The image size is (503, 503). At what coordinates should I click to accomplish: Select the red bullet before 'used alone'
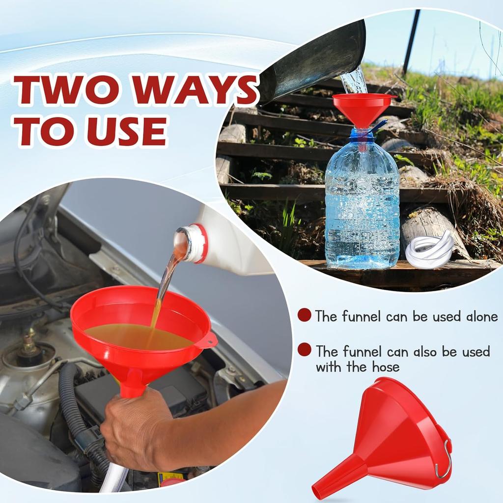(x=305, y=315)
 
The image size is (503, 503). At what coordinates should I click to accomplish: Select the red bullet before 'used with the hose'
(x=305, y=350)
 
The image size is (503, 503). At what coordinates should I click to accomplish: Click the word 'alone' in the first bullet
(x=475, y=316)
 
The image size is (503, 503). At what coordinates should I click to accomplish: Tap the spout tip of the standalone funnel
(x=317, y=490)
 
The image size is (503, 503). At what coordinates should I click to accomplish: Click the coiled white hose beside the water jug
(x=429, y=250)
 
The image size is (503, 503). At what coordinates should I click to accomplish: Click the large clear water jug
(x=362, y=206)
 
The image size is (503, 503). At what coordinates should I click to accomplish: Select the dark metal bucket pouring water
(x=314, y=64)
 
